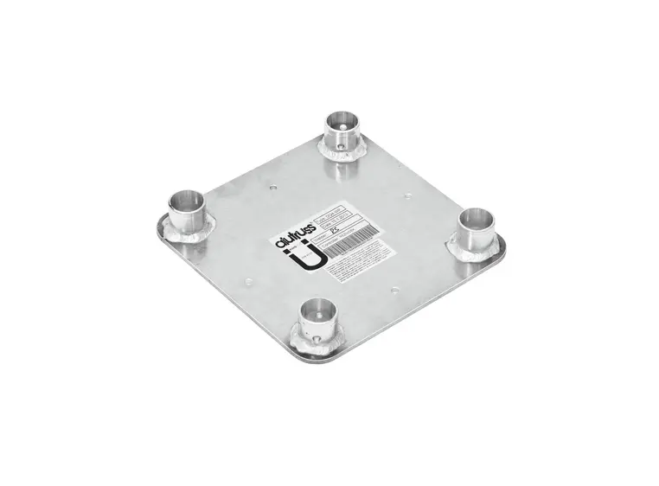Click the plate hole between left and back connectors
pyautogui.click(x=273, y=185)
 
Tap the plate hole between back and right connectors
pyautogui.click(x=406, y=195)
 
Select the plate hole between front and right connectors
pyautogui.click(x=394, y=289)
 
